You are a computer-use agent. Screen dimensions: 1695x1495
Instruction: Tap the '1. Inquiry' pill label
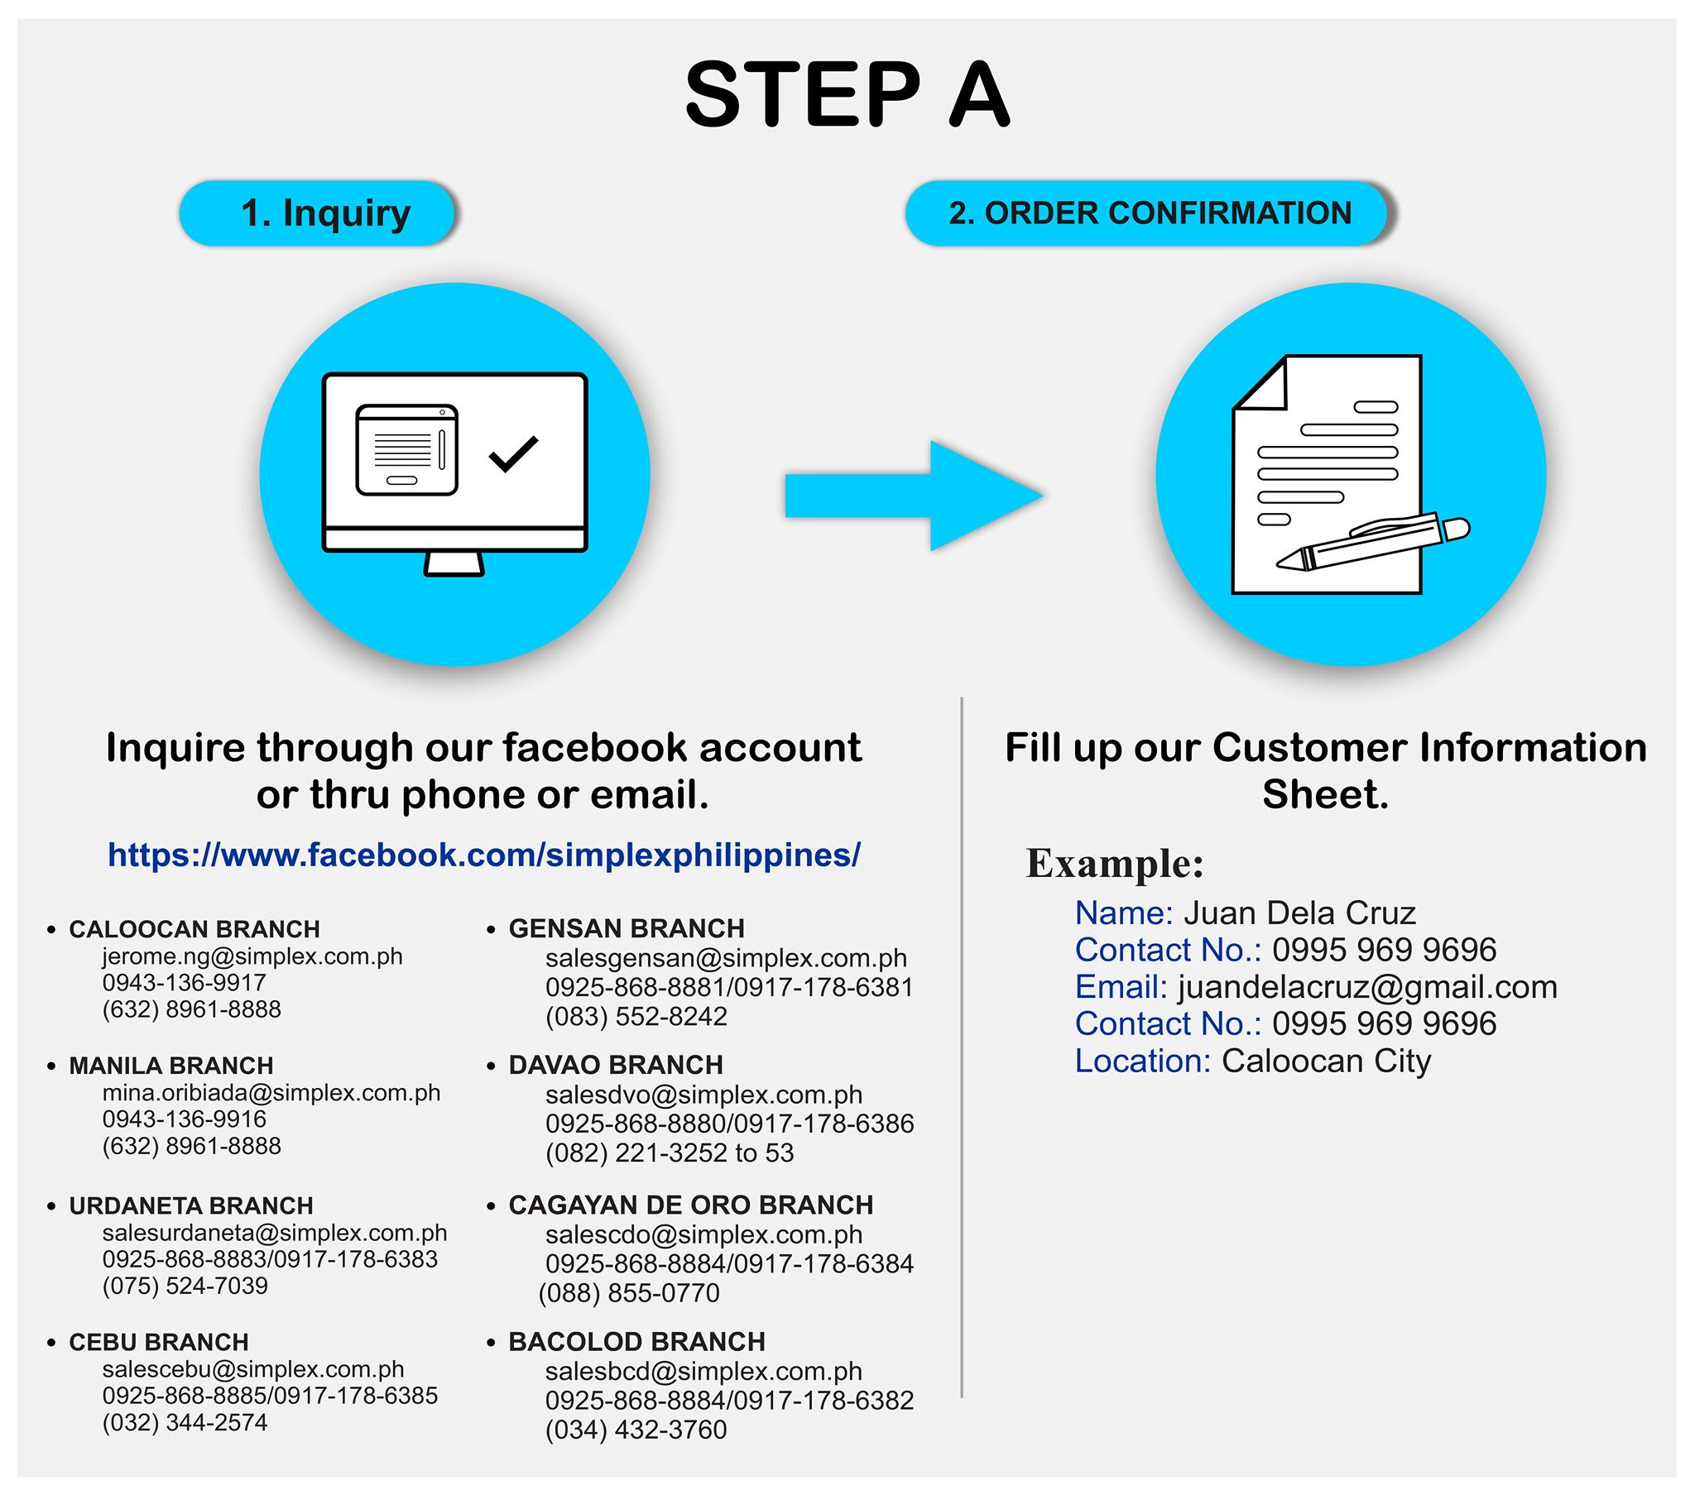click(x=318, y=213)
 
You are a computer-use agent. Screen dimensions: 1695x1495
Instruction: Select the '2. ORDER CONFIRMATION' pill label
click(x=1150, y=213)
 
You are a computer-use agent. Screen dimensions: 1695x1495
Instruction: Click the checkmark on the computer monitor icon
click(x=513, y=453)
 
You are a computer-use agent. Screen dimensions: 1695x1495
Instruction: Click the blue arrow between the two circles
click(x=914, y=496)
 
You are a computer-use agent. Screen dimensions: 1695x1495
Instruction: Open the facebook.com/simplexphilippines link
click(x=484, y=855)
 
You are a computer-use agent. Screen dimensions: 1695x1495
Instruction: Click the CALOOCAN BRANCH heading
click(x=194, y=928)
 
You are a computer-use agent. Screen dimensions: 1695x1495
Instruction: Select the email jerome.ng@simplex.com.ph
click(x=252, y=956)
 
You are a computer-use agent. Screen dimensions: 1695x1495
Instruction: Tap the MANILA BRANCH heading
click(x=170, y=1066)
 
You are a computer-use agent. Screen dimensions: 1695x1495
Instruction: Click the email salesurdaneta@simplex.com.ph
click(x=275, y=1232)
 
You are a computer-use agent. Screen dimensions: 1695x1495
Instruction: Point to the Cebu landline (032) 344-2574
click(x=185, y=1423)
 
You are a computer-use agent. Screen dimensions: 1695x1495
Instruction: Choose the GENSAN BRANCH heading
click(x=627, y=927)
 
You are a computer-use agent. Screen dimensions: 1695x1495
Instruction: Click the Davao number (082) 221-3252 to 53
click(x=670, y=1152)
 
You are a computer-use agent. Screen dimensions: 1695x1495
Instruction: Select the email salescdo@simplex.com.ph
click(x=703, y=1234)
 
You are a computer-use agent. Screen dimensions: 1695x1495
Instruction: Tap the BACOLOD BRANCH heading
click(x=637, y=1342)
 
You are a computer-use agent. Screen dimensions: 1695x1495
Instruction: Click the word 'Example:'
click(x=1115, y=863)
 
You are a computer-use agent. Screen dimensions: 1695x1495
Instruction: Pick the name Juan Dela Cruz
click(x=1299, y=913)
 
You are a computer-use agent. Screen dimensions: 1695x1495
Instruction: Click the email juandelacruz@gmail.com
click(x=1367, y=988)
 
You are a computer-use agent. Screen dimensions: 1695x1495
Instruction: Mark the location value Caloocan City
click(x=1326, y=1061)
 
